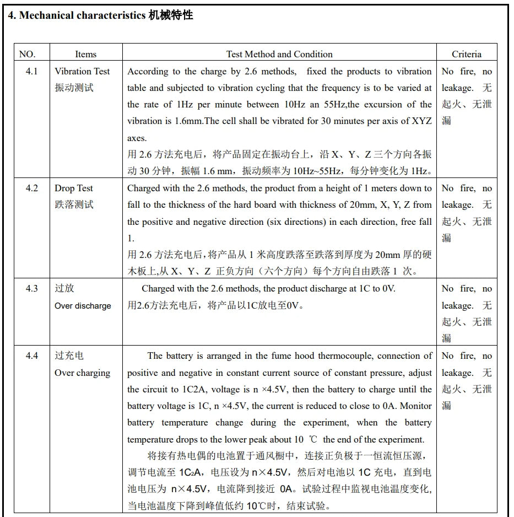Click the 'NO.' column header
pyautogui.click(x=27, y=54)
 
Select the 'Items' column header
pyautogui.click(x=85, y=54)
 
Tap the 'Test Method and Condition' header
pyautogui.click(x=279, y=54)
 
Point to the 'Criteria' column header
pyautogui.click(x=466, y=54)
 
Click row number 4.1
pyautogui.click(x=32, y=71)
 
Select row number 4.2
pyautogui.click(x=32, y=188)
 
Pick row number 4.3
pyautogui.click(x=32, y=288)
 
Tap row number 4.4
pyautogui.click(x=32, y=356)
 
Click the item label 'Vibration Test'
pyautogui.click(x=82, y=71)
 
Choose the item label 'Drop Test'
pyautogui.click(x=74, y=188)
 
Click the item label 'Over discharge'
pyautogui.click(x=83, y=306)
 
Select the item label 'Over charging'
pyautogui.click(x=82, y=373)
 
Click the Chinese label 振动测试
pyautogui.click(x=74, y=88)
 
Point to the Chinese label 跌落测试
pyautogui.click(x=74, y=204)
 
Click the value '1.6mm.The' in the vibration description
pyautogui.click(x=184, y=121)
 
